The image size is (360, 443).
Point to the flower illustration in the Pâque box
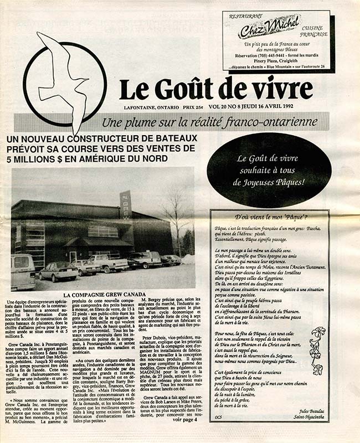pyautogui.click(x=318, y=349)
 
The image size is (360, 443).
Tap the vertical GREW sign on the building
pyautogui.click(x=126, y=205)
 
